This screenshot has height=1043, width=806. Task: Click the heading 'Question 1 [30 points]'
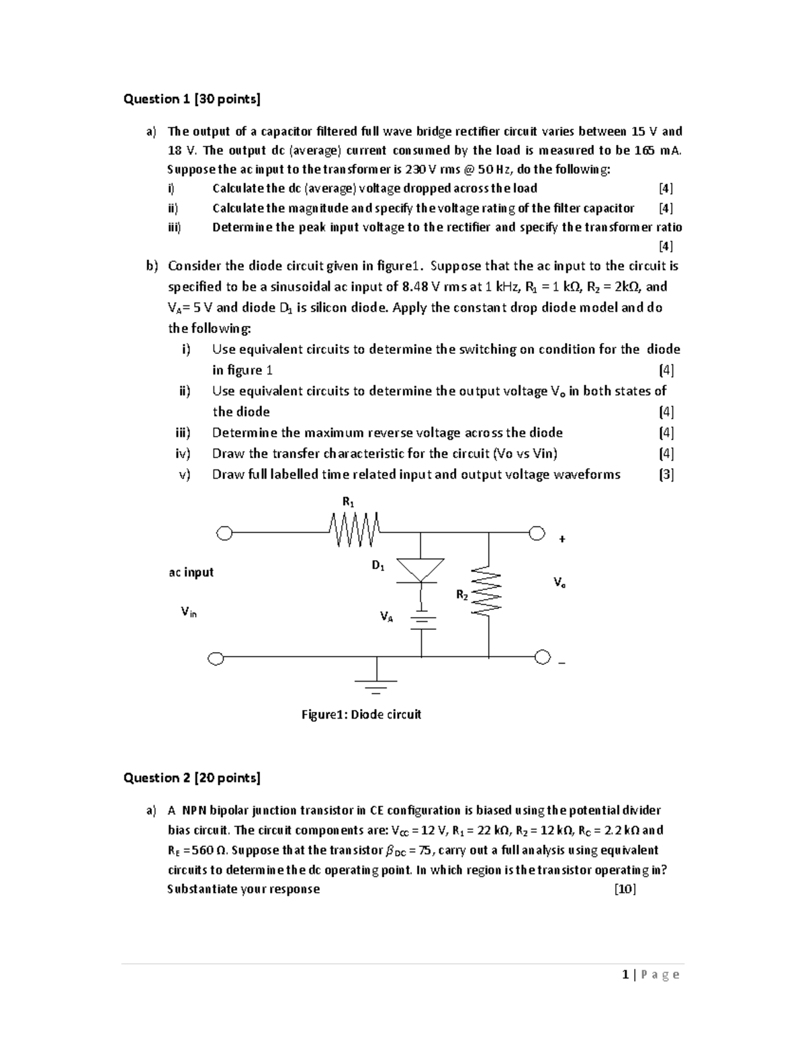[191, 99]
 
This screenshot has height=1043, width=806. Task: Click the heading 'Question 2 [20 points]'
[191, 778]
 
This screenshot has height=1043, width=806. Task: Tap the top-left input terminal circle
[224, 534]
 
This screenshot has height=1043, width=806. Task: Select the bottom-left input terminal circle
[216, 658]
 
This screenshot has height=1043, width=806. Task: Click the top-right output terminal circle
[537, 534]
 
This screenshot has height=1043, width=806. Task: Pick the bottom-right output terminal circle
[543, 656]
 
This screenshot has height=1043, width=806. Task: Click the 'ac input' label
[191, 572]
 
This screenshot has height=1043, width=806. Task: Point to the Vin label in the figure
[189, 612]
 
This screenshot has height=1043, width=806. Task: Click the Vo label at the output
[559, 582]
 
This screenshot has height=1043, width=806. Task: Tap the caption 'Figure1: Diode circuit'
[361, 715]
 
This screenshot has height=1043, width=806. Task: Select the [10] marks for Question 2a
[625, 889]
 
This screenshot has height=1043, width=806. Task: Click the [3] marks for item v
[666, 474]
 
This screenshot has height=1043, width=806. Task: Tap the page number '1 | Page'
[651, 974]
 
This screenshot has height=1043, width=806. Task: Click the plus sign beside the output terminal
[562, 539]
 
